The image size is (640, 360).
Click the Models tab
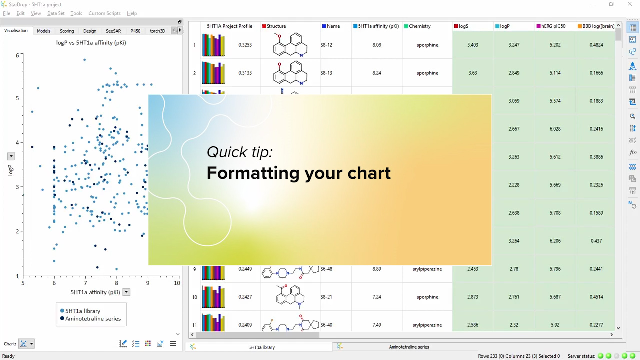(43, 31)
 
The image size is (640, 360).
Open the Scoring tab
(67, 31)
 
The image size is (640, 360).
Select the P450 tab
(135, 31)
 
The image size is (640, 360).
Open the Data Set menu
(56, 13)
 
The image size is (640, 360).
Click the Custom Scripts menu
(104, 13)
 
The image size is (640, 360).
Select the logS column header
(461, 26)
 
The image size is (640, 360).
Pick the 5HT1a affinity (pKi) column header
(376, 26)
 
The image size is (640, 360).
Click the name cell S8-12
(326, 45)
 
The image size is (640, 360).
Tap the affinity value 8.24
(377, 73)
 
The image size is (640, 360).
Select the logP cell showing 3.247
(514, 45)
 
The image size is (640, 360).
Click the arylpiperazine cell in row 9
(427, 269)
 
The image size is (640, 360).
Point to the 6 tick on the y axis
(17, 55)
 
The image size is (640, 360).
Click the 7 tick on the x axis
(85, 283)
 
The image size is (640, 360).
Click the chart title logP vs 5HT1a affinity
(91, 43)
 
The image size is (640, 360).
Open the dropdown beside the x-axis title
(126, 292)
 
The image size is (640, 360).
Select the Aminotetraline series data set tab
(409, 347)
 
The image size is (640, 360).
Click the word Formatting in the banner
(252, 173)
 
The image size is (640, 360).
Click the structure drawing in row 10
(290, 297)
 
